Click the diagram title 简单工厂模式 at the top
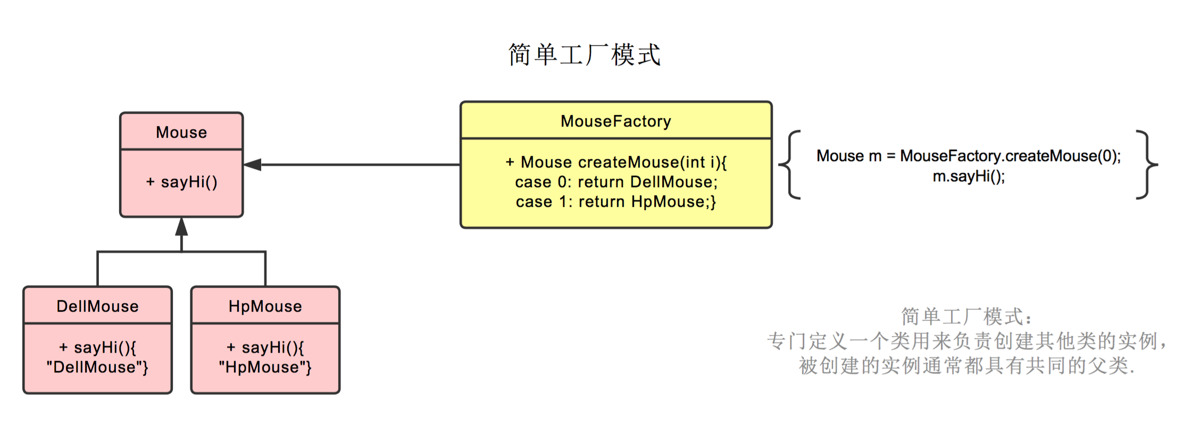tap(584, 55)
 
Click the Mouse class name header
tap(181, 132)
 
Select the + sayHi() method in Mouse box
tap(181, 182)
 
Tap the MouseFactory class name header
tap(615, 121)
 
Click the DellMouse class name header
tap(97, 306)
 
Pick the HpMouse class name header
tap(265, 306)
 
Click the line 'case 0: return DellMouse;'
tap(616, 182)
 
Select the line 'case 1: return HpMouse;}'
tap(616, 202)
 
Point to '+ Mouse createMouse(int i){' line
tap(616, 162)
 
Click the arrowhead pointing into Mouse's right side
tap(252, 165)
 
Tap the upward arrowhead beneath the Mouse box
tap(181, 227)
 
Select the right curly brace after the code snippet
tap(1147, 165)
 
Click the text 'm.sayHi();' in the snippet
tap(969, 176)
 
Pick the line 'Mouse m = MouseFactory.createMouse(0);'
tap(969, 156)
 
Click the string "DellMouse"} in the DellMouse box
tap(97, 367)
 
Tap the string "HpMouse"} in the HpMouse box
tap(265, 367)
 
